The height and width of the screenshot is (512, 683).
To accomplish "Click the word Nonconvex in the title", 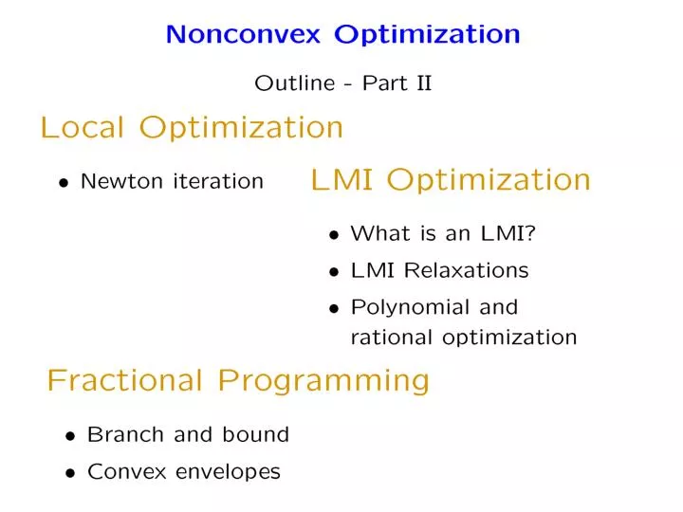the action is [x=243, y=34].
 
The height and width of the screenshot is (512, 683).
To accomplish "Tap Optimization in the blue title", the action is [x=427, y=35].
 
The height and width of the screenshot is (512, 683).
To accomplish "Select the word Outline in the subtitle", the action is [x=295, y=82].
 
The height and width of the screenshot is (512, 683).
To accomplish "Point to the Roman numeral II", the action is [x=424, y=82].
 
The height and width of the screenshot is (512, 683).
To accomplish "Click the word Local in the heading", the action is [x=83, y=127].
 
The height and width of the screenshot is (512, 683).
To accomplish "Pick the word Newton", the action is [x=122, y=181].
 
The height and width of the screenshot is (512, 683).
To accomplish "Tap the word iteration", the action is [x=218, y=181].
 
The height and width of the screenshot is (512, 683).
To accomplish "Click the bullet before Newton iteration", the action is [x=65, y=183].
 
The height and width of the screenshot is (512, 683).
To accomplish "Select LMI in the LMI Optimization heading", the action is [x=341, y=179].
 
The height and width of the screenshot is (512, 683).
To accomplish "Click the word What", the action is [x=380, y=233].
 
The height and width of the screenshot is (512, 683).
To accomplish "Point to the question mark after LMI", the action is [x=530, y=233].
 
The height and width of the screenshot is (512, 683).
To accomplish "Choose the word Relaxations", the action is [x=466, y=270].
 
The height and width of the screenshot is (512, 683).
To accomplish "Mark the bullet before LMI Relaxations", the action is [x=334, y=272].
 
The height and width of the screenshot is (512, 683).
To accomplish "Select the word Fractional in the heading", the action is [x=125, y=380].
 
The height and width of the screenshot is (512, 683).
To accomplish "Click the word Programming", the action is [x=323, y=382].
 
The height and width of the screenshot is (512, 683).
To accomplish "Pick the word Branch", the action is [x=125, y=434].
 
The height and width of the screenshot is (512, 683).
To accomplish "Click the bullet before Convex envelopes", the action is [x=70, y=474].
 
